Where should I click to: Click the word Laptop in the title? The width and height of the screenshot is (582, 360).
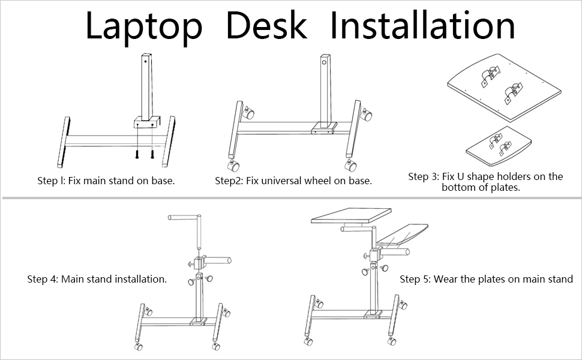coord(144,26)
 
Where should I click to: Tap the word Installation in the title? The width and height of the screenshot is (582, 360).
coord(422,26)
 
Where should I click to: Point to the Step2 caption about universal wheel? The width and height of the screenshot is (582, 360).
coord(293,180)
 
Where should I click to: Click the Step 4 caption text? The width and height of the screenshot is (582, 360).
coord(97,279)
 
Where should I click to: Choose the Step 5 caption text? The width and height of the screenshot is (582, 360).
coord(486,279)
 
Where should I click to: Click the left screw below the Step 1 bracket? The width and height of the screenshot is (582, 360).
coord(138,153)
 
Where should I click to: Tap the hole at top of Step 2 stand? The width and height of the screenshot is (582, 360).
coord(325,62)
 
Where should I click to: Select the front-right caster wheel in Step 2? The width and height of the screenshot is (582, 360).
coord(349,164)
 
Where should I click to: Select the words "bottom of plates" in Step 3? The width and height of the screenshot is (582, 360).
coord(480,187)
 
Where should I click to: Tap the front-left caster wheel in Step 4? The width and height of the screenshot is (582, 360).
coord(139,346)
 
